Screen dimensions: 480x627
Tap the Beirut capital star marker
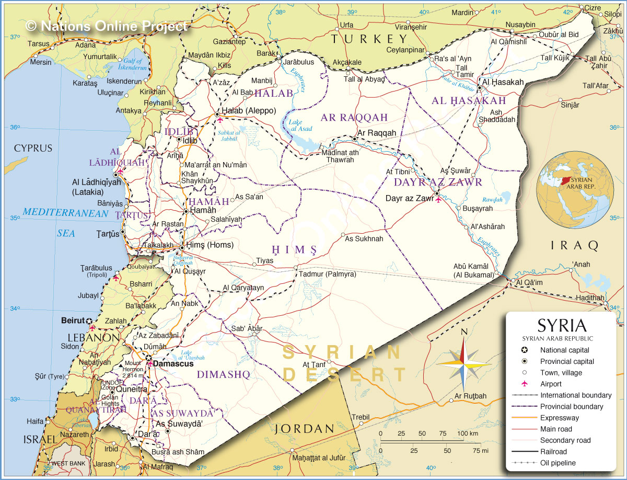tap(89, 321)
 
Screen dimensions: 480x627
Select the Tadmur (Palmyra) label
tap(327, 274)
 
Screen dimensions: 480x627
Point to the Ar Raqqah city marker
tap(355, 139)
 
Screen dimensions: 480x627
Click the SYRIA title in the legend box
tap(562, 326)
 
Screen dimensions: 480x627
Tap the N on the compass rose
tap(463, 331)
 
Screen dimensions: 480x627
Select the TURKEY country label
tap(369, 39)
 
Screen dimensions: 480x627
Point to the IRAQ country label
tap(574, 245)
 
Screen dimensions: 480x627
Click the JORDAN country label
tap(305, 429)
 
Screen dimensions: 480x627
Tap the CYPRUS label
tap(33, 148)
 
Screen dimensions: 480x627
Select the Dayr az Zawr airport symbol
tap(438, 199)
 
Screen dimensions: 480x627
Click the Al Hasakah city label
tap(503, 82)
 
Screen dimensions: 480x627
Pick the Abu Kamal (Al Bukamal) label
tap(473, 270)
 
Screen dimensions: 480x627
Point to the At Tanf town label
tap(315, 364)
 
